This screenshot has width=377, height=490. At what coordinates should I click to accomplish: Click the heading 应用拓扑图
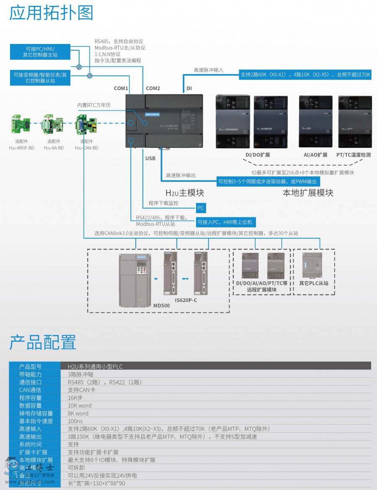coord(51,13)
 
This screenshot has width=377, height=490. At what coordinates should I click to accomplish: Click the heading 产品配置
coord(43,343)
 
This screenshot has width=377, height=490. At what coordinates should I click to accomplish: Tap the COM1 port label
coord(121,88)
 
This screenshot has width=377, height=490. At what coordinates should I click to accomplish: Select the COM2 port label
coord(153,88)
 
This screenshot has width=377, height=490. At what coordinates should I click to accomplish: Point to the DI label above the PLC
coord(189,88)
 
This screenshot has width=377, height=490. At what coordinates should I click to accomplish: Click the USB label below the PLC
coord(150,158)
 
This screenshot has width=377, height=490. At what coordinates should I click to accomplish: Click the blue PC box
coord(201,207)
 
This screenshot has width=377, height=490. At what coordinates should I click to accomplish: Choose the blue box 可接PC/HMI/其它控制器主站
coord(40,52)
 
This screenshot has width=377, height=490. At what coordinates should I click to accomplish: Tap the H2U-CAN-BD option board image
coord(86,125)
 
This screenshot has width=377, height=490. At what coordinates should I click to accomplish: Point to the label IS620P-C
coord(186,300)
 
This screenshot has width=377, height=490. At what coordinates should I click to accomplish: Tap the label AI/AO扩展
coord(315,155)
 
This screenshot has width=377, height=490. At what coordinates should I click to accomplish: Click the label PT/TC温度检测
coord(353,155)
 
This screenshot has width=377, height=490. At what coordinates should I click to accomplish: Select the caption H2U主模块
coord(185,193)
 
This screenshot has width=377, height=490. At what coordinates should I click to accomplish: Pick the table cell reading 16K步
coord(76,397)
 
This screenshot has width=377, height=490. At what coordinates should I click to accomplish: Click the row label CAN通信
coord(31,390)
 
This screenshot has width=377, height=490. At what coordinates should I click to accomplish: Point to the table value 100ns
coord(75,421)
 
